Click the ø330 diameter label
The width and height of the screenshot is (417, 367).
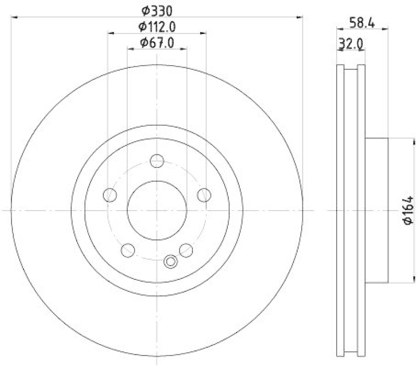click(x=157, y=9)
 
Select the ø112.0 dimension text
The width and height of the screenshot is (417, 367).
click(x=157, y=26)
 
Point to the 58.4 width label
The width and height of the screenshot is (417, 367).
click(x=362, y=23)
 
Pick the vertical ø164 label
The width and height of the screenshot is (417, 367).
click(x=408, y=210)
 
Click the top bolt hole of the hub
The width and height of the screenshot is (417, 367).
click(x=157, y=161)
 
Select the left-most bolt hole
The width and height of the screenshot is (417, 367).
click(x=110, y=195)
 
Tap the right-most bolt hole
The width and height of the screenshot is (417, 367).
click(x=204, y=195)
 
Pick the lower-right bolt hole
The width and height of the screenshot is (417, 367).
click(x=186, y=250)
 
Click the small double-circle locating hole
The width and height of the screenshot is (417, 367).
click(x=170, y=262)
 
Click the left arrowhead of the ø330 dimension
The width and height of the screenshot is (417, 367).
click(x=14, y=18)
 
